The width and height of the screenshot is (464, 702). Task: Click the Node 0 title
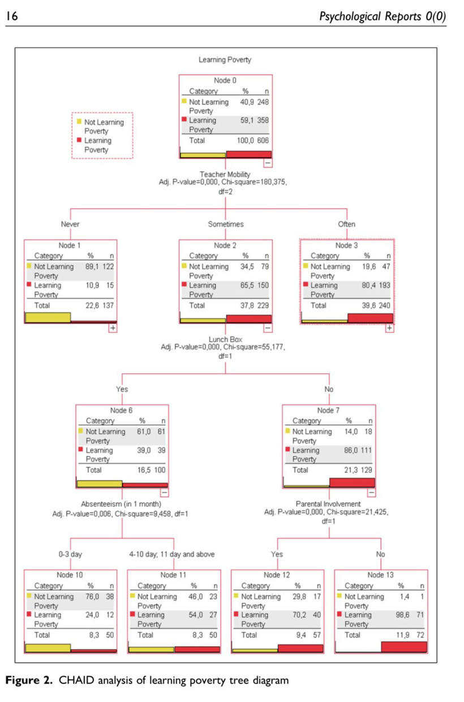click(x=225, y=80)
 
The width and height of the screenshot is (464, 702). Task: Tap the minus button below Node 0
click(x=268, y=162)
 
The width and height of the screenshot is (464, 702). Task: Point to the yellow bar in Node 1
click(x=48, y=317)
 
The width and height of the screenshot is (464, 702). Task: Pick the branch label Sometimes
click(x=226, y=225)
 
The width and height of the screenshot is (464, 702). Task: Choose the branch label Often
click(x=346, y=225)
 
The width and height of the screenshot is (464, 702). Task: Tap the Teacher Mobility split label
click(x=225, y=175)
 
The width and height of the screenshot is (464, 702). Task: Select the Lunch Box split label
click(x=225, y=339)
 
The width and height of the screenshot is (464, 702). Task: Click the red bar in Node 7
click(x=352, y=483)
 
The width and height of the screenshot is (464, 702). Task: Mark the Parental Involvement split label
click(x=328, y=503)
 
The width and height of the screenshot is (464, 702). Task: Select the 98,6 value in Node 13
click(x=400, y=615)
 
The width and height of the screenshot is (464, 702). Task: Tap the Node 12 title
click(x=277, y=575)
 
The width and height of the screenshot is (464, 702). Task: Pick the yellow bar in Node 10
click(x=48, y=648)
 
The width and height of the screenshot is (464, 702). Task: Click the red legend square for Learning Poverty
click(x=79, y=140)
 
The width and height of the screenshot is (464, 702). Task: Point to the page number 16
click(x=11, y=17)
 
